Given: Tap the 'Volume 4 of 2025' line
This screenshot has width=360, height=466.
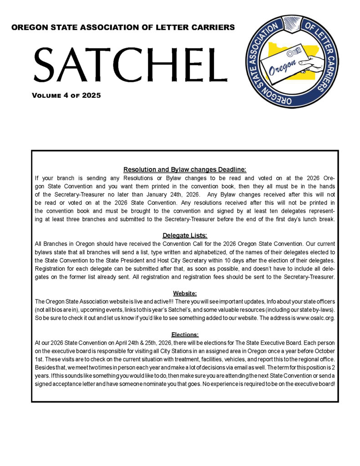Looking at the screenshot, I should pyautogui.click(x=66, y=96).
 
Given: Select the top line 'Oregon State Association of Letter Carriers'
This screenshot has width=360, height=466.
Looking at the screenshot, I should pyautogui.click(x=123, y=27).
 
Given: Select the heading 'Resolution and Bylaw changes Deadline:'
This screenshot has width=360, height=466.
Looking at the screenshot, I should pyautogui.click(x=185, y=170).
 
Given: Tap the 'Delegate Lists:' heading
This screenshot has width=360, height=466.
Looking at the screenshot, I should pyautogui.click(x=185, y=235).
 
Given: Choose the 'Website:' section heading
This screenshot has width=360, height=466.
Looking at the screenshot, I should pyautogui.click(x=185, y=293).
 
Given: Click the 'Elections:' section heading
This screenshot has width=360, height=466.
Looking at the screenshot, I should pyautogui.click(x=185, y=334).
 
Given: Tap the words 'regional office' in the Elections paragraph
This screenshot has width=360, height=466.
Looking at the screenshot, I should pyautogui.click(x=314, y=360).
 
